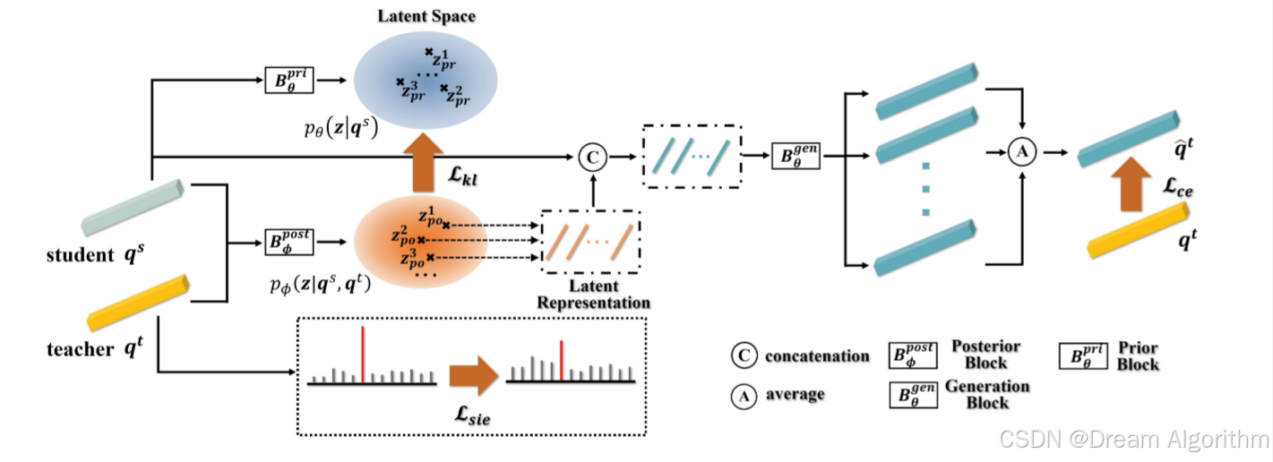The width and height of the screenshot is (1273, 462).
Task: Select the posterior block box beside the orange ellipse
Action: click(288, 242)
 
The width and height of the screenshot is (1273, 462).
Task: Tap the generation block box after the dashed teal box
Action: click(796, 158)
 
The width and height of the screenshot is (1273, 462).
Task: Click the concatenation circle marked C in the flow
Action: click(591, 158)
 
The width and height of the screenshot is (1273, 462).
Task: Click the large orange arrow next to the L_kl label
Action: click(429, 160)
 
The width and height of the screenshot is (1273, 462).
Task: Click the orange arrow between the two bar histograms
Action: click(471, 376)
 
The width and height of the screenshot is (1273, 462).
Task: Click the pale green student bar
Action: click(132, 208)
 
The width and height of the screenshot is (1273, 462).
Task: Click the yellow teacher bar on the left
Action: click(139, 303)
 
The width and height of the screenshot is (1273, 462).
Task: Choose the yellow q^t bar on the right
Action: click(1139, 231)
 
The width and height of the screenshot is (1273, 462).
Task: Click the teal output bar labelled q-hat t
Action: click(1128, 139)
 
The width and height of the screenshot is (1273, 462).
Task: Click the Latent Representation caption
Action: click(593, 295)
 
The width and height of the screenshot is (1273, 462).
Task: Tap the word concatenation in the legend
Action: click(817, 356)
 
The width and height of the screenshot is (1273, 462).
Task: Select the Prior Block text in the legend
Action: click(1138, 356)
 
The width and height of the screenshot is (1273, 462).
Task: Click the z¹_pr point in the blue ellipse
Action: click(430, 53)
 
